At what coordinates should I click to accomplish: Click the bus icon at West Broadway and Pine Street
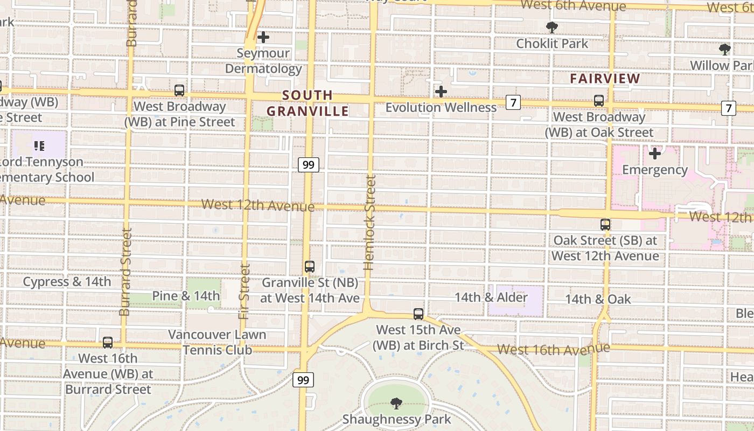tap(179, 91)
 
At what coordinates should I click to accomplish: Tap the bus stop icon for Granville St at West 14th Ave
tap(310, 266)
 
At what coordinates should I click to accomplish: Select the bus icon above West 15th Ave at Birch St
tap(418, 314)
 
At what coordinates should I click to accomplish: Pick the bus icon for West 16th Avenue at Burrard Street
tap(108, 342)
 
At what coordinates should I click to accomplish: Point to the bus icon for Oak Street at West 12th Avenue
tap(605, 225)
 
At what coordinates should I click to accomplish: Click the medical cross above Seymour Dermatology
tap(263, 37)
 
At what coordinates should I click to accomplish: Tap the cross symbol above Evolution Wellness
tap(441, 92)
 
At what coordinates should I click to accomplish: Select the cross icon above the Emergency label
tap(655, 154)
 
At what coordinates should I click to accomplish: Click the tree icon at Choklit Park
tap(552, 27)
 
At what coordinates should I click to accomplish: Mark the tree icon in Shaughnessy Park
tap(396, 403)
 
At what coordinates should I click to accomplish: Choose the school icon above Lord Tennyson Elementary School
tap(39, 145)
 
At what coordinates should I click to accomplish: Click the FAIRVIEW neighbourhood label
tap(605, 79)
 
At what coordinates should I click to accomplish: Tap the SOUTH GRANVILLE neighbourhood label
tap(308, 103)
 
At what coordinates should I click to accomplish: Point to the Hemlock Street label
tap(369, 222)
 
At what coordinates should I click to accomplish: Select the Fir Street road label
tap(245, 291)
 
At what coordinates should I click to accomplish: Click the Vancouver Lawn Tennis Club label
tap(218, 342)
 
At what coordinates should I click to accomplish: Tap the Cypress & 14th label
tap(67, 282)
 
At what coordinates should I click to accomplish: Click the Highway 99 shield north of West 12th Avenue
tap(309, 164)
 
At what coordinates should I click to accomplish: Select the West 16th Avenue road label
tap(553, 350)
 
